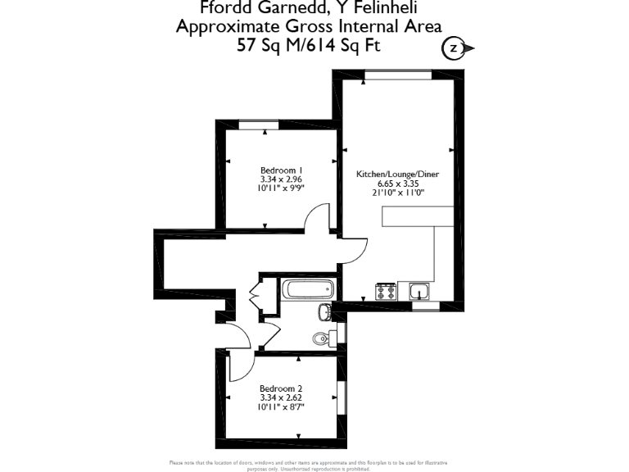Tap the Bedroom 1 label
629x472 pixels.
tap(276, 170)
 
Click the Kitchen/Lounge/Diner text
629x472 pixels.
tap(399, 175)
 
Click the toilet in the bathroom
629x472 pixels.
tap(321, 338)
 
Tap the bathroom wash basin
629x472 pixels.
tap(324, 311)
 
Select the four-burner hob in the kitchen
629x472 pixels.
tap(385, 292)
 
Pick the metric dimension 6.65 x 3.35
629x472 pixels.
tap(398, 184)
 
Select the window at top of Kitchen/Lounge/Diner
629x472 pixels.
tap(398, 75)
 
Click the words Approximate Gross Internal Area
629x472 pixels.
tap(310, 26)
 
